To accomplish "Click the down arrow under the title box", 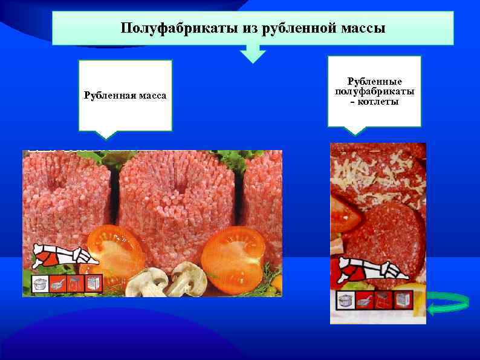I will (253, 55).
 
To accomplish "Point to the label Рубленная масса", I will (125, 96).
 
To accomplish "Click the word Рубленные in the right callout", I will (374, 81).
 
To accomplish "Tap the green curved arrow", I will (449, 301).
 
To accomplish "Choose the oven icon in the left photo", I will (94, 283).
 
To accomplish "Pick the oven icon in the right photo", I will (403, 300).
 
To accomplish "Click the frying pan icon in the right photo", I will (365, 300).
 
